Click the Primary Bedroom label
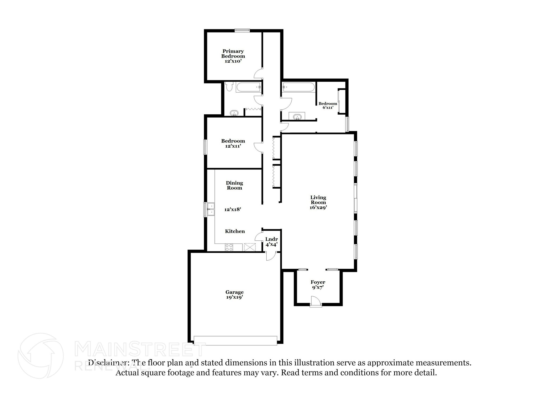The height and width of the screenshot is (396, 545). [x=233, y=56]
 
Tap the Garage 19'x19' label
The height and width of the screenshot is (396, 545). [x=234, y=295]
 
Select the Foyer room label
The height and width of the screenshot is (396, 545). [x=318, y=285]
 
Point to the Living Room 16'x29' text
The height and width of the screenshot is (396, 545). [x=318, y=202]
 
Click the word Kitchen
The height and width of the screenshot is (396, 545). [x=235, y=231]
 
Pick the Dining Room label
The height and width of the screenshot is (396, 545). [x=234, y=185]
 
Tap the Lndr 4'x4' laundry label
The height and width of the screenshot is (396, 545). [x=271, y=241]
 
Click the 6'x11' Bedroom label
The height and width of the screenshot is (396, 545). [x=328, y=105]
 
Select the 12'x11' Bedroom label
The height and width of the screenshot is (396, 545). [x=233, y=143]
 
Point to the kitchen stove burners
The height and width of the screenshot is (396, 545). [x=229, y=247]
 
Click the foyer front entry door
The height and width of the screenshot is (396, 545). [x=316, y=302]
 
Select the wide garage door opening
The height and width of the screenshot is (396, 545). [x=236, y=341]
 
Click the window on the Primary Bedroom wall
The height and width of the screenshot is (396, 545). [x=242, y=31]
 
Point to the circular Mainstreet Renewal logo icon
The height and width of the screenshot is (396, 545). [x=41, y=356]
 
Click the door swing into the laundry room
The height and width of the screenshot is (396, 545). [x=259, y=236]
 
